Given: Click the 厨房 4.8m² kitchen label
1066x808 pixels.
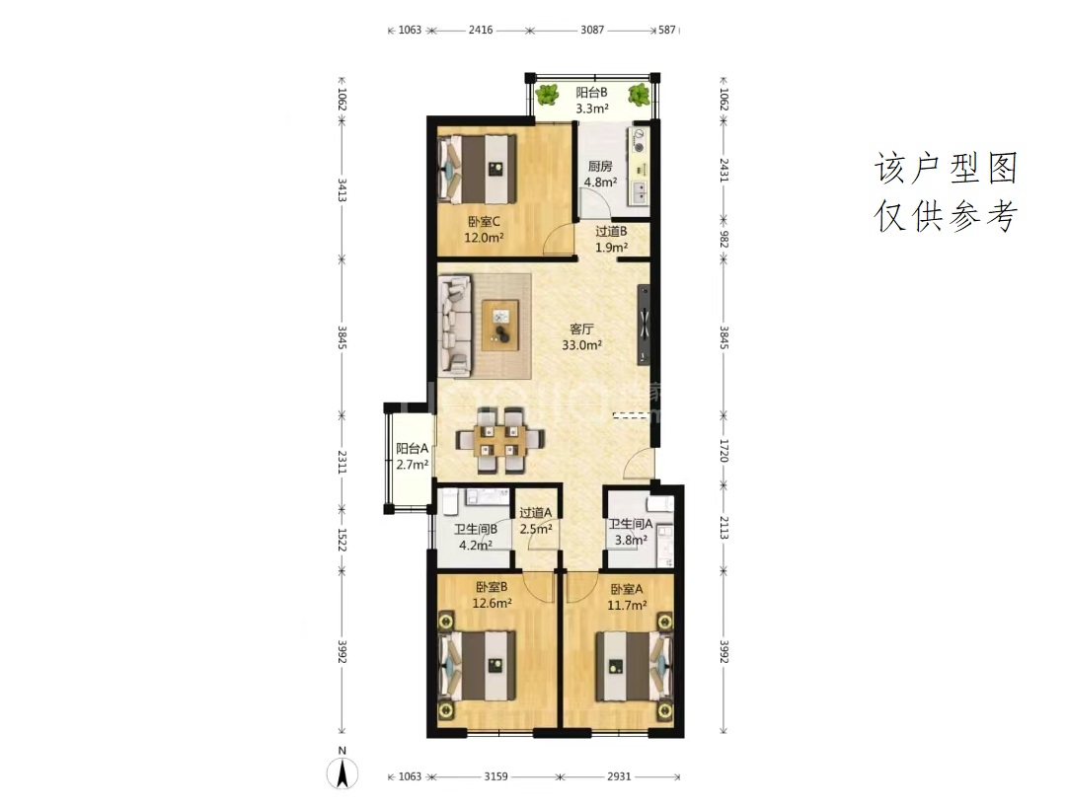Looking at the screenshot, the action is (x=601, y=174).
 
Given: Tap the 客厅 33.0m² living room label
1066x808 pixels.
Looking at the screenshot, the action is (x=582, y=337).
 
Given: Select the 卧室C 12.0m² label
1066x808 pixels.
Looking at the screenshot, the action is (x=484, y=230).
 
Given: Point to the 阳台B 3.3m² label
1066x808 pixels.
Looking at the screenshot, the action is (x=591, y=100).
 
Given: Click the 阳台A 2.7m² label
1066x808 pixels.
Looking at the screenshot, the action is (x=413, y=457).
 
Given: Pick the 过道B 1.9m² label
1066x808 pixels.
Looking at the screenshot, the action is (x=611, y=239).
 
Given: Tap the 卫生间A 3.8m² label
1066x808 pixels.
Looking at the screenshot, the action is (x=630, y=532).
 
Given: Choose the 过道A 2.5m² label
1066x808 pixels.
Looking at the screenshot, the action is (x=536, y=521).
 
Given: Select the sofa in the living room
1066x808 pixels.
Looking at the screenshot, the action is (x=455, y=325).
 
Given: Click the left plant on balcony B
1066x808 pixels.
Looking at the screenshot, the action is (x=547, y=95).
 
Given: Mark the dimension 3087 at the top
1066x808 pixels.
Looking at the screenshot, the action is (x=592, y=30).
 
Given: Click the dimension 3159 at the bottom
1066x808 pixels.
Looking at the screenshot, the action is (x=495, y=776).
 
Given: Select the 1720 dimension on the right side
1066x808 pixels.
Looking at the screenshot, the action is (x=724, y=451).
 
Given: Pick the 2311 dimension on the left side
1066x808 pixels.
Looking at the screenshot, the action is (x=342, y=462).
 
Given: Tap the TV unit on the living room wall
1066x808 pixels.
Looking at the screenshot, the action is (x=644, y=325).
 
